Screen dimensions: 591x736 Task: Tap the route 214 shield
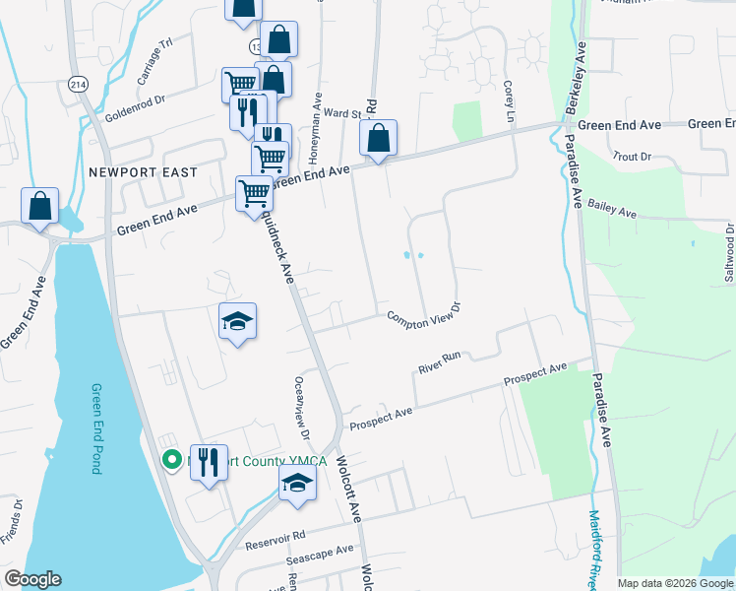[79, 85]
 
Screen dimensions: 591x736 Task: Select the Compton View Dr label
[424, 316]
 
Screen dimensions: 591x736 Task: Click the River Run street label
[439, 364]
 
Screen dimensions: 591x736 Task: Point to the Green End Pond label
[96, 428]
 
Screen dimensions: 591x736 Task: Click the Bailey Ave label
[612, 209]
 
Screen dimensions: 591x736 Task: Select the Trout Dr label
[632, 157]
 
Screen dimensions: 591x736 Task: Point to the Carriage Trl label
[154, 61]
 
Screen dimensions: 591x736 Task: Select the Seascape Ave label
[319, 555]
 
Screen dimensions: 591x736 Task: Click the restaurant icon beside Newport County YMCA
[209, 460]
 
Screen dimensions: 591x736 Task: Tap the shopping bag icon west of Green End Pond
[40, 206]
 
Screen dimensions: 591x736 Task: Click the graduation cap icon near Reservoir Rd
[297, 483]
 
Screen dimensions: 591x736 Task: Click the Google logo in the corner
[32, 579]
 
